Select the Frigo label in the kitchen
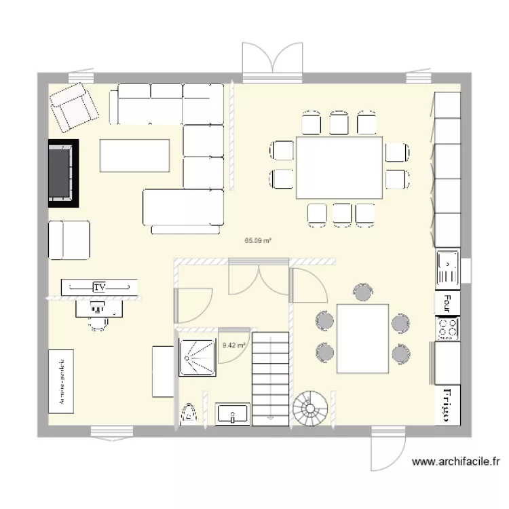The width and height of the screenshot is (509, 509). [447, 405]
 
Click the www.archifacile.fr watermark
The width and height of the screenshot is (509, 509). [455, 462]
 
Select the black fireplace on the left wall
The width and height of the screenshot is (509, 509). [63, 173]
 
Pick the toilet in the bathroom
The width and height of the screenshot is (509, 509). [189, 413]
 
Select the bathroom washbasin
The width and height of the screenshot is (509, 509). [233, 413]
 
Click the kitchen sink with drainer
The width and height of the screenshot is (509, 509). [448, 267]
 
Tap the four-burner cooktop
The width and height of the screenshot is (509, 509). [447, 328]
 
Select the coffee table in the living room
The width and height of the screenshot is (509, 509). [134, 155]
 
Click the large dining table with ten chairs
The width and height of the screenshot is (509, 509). [339, 168]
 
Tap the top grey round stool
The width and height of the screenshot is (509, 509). [362, 293]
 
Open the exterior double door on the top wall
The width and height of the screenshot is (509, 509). [272, 61]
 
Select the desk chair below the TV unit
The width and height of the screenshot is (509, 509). [98, 322]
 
